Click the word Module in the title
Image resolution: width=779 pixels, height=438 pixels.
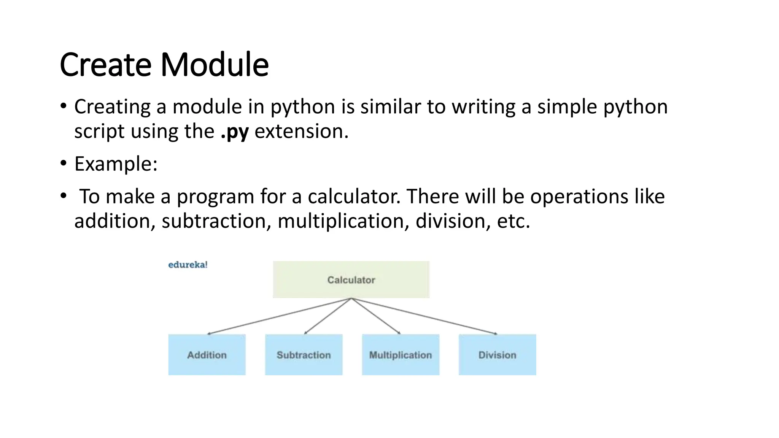(x=215, y=65)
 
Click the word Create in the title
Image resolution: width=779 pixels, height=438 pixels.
(x=105, y=65)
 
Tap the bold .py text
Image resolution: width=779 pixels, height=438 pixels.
(x=235, y=132)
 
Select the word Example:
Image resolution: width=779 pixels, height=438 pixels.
(x=116, y=164)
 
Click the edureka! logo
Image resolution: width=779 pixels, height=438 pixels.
(x=188, y=265)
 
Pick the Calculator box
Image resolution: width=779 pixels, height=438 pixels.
(x=351, y=279)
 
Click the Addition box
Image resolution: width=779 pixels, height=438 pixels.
(x=207, y=355)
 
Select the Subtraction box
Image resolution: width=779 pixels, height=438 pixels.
(x=304, y=355)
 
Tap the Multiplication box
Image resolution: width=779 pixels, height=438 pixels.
(x=401, y=355)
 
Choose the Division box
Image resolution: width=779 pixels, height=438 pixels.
(x=497, y=355)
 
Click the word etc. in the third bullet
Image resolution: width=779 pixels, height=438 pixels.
(x=513, y=221)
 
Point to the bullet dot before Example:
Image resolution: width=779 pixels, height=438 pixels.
(x=64, y=163)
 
